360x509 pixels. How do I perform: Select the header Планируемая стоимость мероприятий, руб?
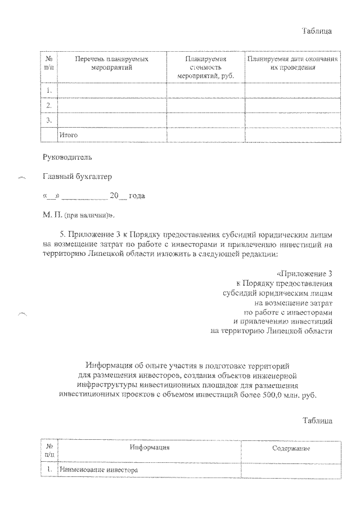pyautogui.click(x=205, y=66)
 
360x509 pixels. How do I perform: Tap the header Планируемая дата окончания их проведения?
pyautogui.click(x=292, y=63)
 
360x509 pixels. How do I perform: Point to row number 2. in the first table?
pyautogui.click(x=49, y=105)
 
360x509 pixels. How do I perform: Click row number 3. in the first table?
pyautogui.click(x=49, y=120)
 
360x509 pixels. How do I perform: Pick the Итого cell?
pyautogui.click(x=68, y=135)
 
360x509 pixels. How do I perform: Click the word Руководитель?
pyautogui.click(x=66, y=157)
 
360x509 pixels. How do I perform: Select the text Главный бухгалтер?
pyautogui.click(x=77, y=177)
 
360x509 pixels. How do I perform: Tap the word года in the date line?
pyautogui.click(x=137, y=196)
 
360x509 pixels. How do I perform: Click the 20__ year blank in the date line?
pyautogui.click(x=118, y=196)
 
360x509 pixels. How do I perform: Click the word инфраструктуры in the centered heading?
pyautogui.click(x=105, y=385)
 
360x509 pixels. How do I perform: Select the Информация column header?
pyautogui.click(x=149, y=447)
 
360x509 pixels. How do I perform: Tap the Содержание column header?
pyautogui.click(x=291, y=448)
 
